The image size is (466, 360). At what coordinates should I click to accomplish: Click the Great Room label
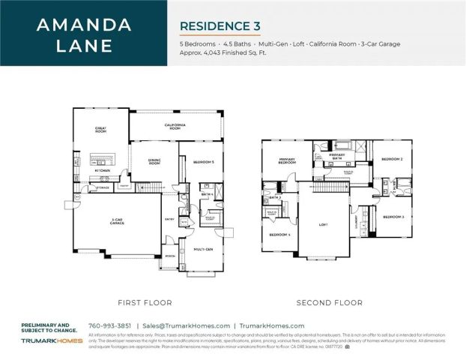[x=100, y=129]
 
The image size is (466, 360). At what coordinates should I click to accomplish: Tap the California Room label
[x=174, y=126]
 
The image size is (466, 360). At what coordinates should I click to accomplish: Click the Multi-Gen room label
[x=203, y=249]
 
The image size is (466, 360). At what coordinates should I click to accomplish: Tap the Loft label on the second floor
[x=324, y=223]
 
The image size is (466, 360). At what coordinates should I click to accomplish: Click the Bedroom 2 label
[x=393, y=160]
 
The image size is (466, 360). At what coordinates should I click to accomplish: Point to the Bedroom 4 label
[x=280, y=235]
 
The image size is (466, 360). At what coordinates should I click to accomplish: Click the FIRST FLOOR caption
[x=145, y=302]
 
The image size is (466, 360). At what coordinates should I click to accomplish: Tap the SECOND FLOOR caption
[x=330, y=302]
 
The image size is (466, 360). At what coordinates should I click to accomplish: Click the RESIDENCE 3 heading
[x=220, y=26]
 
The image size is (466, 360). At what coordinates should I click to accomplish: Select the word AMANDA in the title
[x=84, y=25]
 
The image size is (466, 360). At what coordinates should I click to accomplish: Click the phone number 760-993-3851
[x=109, y=325]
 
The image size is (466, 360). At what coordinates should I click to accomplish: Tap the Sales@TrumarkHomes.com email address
[x=187, y=325]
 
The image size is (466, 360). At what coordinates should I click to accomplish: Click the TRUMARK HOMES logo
[x=52, y=340]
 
